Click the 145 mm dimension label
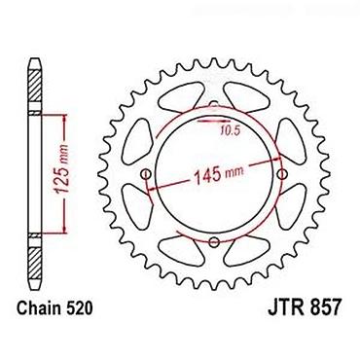pyautogui.click(x=218, y=174)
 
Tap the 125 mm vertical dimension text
pyautogui.click(x=61, y=172)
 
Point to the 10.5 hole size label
pyautogui.click(x=230, y=130)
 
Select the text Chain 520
pyautogui.click(x=54, y=308)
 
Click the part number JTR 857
pyautogui.click(x=305, y=307)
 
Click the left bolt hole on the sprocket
pyautogui.click(x=147, y=174)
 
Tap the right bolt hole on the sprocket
pyautogui.click(x=282, y=174)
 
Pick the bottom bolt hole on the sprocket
pyautogui.click(x=214, y=241)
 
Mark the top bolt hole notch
pyautogui.click(x=213, y=104)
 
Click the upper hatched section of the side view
pyautogui.click(x=35, y=86)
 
